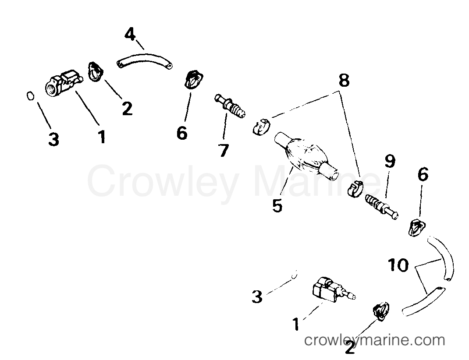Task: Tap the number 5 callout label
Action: (277, 205)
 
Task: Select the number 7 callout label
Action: (224, 150)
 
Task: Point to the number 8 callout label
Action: (344, 80)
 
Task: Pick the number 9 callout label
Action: (390, 161)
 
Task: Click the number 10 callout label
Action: (398, 265)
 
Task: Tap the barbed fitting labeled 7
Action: (230, 106)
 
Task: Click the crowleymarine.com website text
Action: (374, 340)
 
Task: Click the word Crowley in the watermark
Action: (163, 181)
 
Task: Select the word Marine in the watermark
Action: (318, 181)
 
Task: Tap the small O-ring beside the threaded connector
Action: (30, 96)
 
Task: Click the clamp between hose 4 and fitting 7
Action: (193, 79)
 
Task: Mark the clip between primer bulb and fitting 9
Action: (355, 189)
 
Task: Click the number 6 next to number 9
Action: (423, 174)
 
